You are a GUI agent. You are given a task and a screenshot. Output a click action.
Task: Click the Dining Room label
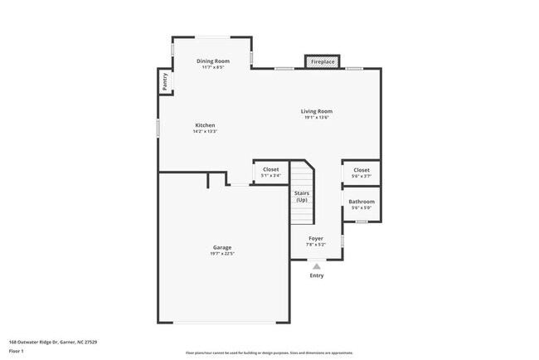[x=211, y=61]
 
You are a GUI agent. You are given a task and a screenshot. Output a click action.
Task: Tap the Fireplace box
[x=323, y=62]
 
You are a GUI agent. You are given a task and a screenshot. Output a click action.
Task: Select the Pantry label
[x=165, y=81]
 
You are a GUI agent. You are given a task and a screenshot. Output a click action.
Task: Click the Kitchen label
[x=205, y=125]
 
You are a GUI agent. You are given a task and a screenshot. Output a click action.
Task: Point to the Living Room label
[x=317, y=111]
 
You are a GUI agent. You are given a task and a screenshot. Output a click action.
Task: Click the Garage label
[x=221, y=247]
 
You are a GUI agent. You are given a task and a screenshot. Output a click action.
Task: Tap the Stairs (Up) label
[x=302, y=197]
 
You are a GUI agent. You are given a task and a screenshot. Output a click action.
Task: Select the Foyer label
[x=317, y=238]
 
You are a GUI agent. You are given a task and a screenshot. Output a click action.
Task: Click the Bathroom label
[x=362, y=202]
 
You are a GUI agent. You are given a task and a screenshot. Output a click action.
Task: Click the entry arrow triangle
[x=316, y=265]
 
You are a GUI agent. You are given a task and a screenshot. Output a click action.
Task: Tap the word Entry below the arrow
[x=317, y=275]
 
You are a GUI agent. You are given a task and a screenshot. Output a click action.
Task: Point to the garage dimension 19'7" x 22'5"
[x=221, y=253]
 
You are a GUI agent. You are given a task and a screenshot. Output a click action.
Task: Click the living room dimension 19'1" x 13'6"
[x=317, y=117]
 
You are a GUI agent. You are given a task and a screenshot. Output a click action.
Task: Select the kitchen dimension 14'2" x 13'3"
[x=205, y=131]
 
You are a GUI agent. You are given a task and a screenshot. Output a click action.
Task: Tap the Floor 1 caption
[x=17, y=351]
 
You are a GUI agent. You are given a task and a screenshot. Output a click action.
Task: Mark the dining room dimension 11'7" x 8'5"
[x=211, y=67]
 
